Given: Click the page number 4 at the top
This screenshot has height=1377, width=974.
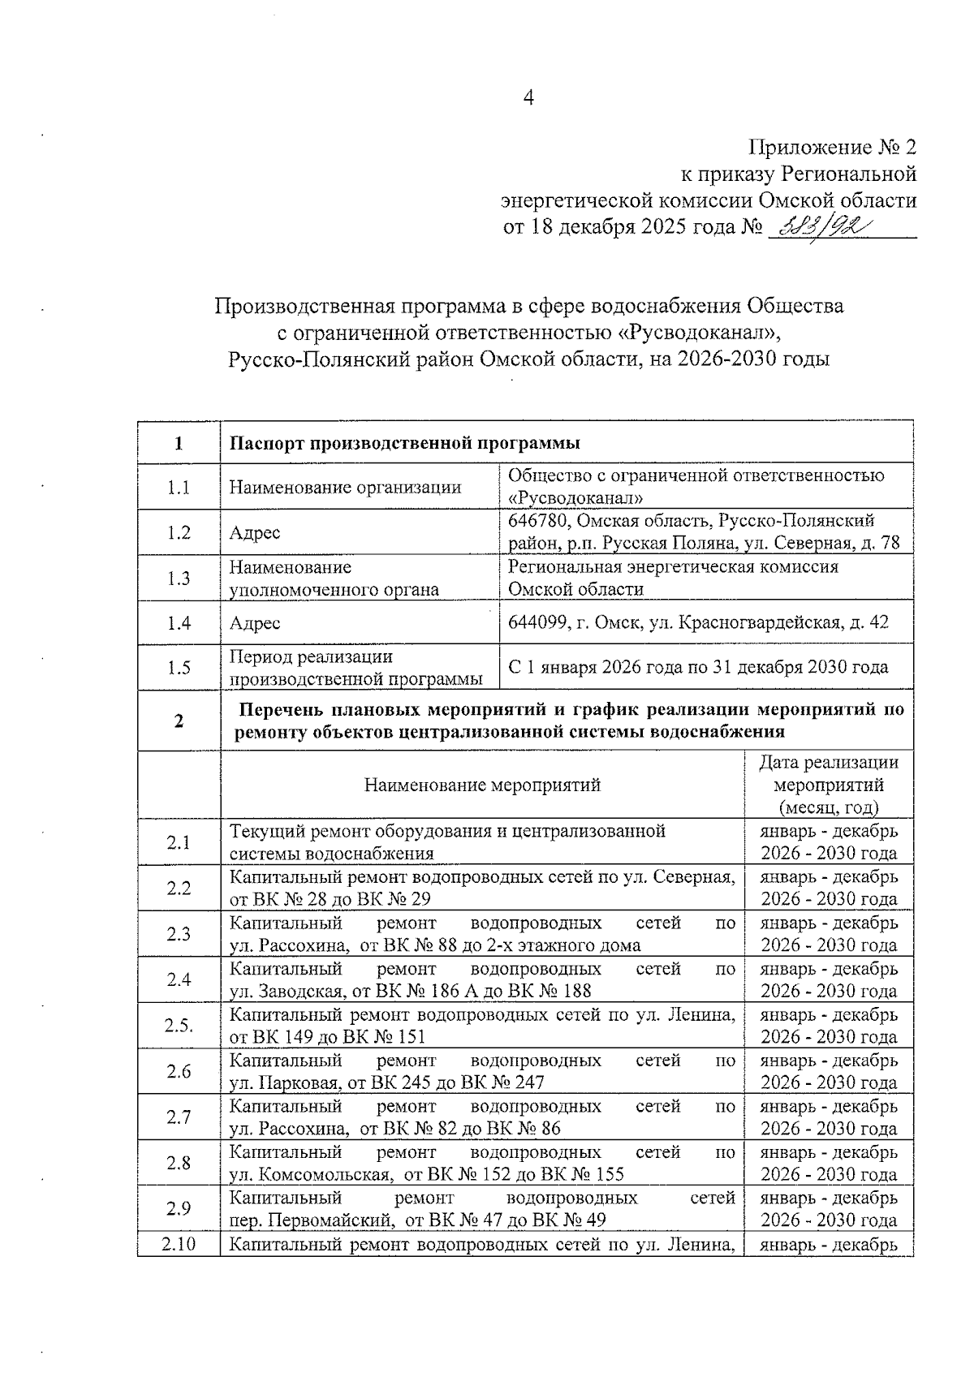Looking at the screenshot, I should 528,98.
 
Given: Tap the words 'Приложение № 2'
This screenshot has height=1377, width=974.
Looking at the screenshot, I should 832,147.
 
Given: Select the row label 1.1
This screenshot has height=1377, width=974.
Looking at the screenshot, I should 179,488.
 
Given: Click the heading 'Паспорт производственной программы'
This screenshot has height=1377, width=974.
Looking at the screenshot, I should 404,443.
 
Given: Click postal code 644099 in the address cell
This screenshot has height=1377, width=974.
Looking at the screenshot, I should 535,623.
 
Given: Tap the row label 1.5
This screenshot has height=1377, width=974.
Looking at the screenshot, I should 179,668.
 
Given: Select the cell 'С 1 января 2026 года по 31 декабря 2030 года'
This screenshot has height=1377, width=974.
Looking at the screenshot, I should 698,668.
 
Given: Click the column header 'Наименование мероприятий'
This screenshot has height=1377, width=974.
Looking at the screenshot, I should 482,785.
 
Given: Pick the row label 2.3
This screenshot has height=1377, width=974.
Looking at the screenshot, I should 179,934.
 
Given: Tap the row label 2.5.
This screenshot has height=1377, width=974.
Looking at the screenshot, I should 179,1026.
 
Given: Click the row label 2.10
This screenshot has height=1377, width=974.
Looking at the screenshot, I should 179,1244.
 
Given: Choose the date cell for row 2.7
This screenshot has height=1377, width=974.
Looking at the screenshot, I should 829,1117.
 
